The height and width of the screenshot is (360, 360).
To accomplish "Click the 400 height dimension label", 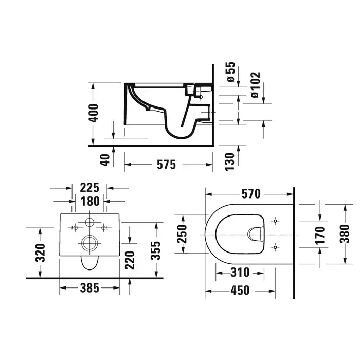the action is coord(94,113).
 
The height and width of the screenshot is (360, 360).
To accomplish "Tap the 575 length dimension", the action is coord(167,165).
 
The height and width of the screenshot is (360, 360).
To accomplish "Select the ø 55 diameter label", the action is coord(231,72).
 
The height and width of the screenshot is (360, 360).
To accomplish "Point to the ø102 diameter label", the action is coord(256,85).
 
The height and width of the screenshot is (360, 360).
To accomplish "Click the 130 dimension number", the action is coord(229,161).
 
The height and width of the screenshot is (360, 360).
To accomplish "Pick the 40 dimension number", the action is coord(105,160).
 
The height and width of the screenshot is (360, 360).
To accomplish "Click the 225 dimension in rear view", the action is coord(89,188).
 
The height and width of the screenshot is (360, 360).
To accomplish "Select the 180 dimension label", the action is coord(90,202).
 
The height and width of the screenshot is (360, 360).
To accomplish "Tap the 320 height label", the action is coord(41,253).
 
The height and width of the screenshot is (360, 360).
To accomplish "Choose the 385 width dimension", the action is coord(89,288).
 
